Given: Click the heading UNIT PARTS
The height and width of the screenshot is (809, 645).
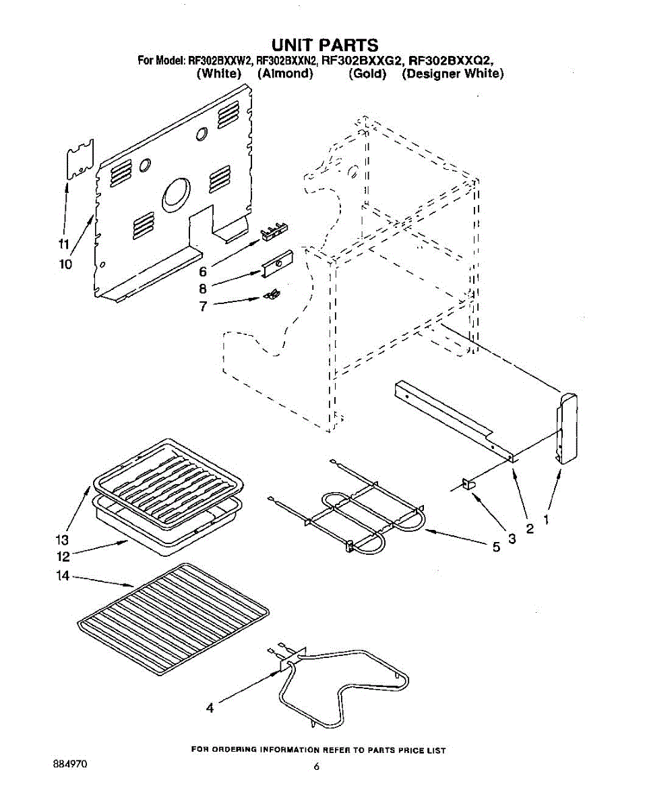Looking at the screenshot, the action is click(325, 46).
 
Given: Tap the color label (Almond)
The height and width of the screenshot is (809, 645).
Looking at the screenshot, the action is click(285, 73).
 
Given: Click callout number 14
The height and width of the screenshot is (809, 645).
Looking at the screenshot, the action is click(62, 576).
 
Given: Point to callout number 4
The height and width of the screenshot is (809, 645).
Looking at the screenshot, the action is click(210, 708).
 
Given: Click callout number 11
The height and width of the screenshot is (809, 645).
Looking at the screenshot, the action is click(63, 244).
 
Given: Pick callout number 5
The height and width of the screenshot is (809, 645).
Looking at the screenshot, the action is click(496, 548).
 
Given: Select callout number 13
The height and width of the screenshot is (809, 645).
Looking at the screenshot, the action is click(62, 540).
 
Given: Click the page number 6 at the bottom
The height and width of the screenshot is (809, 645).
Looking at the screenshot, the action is click(316, 767).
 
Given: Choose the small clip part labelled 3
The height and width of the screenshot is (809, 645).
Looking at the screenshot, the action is click(466, 483).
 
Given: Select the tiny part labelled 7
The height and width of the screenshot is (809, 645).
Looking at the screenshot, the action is click(272, 294).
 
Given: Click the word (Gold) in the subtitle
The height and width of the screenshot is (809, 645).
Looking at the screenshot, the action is click(367, 73).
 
